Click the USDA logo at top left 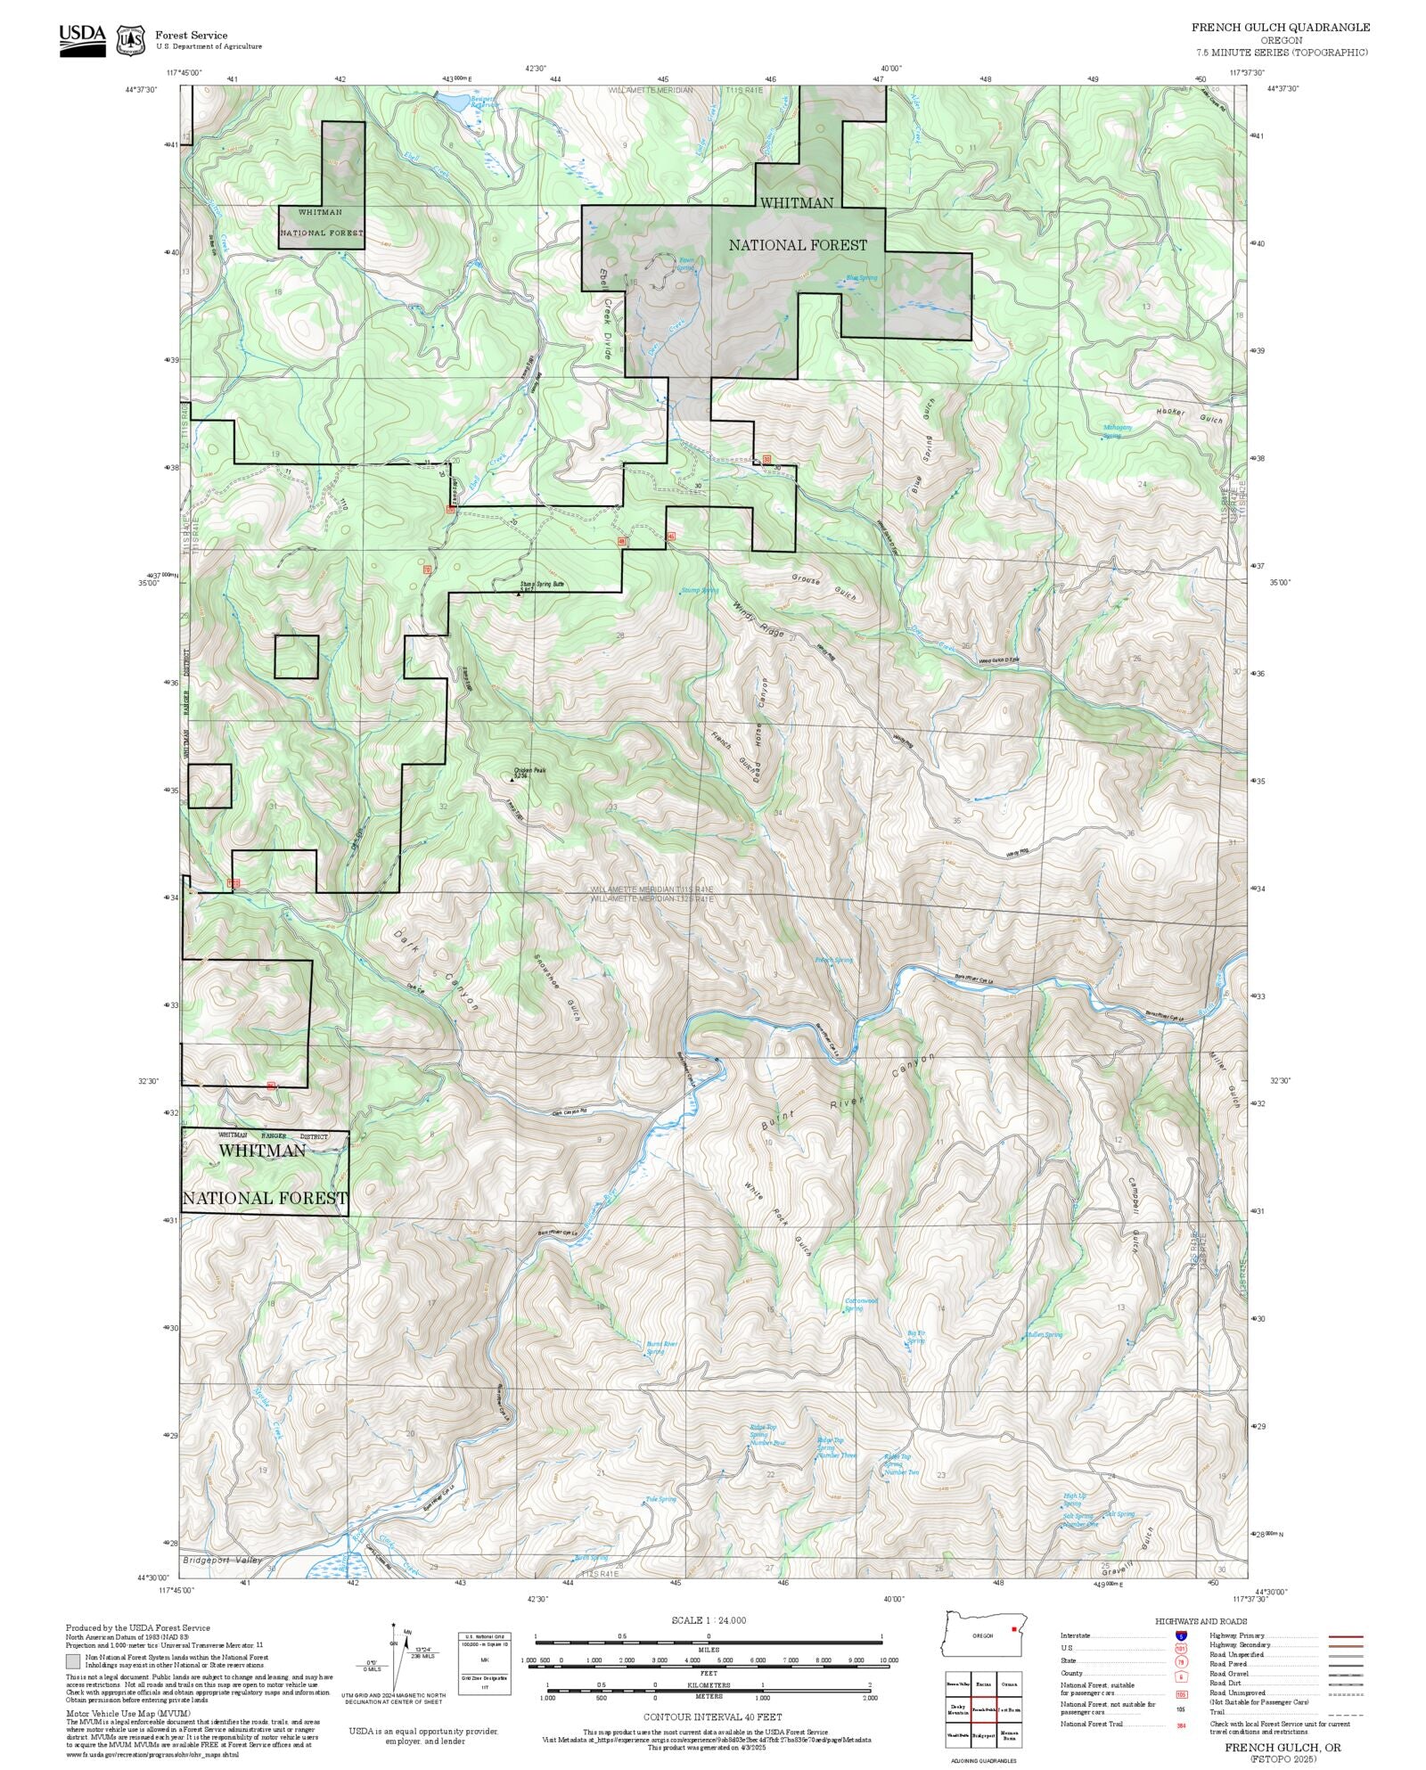pos(82,40)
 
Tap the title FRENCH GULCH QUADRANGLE pos(1281,28)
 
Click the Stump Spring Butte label pos(542,586)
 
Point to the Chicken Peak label pos(529,772)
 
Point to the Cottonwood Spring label pos(861,1304)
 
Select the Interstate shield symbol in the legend pos(1181,1636)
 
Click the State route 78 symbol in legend pos(1181,1662)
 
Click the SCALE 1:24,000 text pos(709,1620)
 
